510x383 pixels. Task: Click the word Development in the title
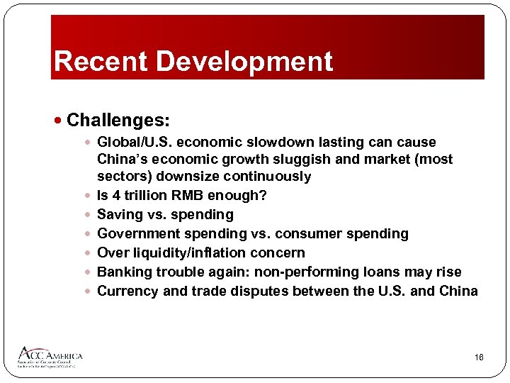(x=244, y=62)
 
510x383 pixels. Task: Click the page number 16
(x=479, y=358)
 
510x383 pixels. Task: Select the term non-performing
(x=307, y=272)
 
